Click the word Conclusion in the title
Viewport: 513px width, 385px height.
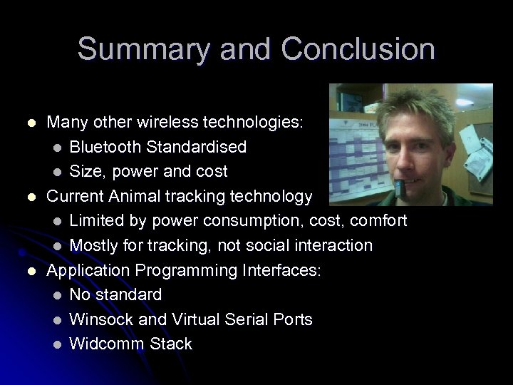(358, 49)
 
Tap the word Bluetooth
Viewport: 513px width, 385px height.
(107, 147)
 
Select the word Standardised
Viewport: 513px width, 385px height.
(198, 147)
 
